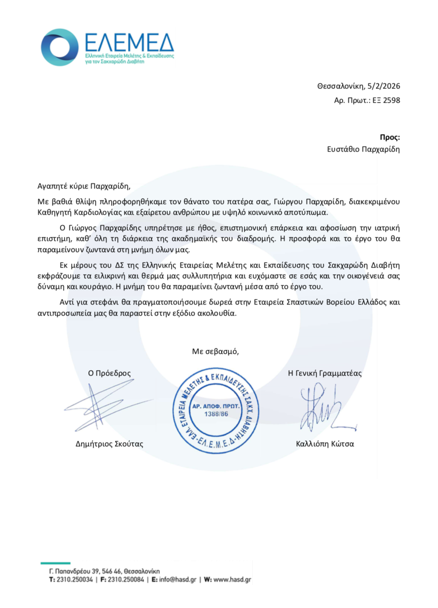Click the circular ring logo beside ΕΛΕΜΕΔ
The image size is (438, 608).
pos(60,47)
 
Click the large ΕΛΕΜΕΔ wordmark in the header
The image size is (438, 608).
pos(129,43)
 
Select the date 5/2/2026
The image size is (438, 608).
pos(384,86)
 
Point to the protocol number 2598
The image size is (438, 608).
pos(391,100)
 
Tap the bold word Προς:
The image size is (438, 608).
pos(390,137)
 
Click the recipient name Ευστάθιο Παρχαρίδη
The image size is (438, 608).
pos(363,149)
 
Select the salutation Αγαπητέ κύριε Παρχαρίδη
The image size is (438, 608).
pos(84,186)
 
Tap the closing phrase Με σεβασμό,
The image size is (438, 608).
pos(215,352)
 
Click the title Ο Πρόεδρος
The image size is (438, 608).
pos(109,373)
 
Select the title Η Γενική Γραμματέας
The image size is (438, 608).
pos(325,373)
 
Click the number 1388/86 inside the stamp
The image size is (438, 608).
pos(216,414)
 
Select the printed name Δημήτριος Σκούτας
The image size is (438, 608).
pos(109,444)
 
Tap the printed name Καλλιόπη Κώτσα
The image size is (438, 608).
pos(325,444)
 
